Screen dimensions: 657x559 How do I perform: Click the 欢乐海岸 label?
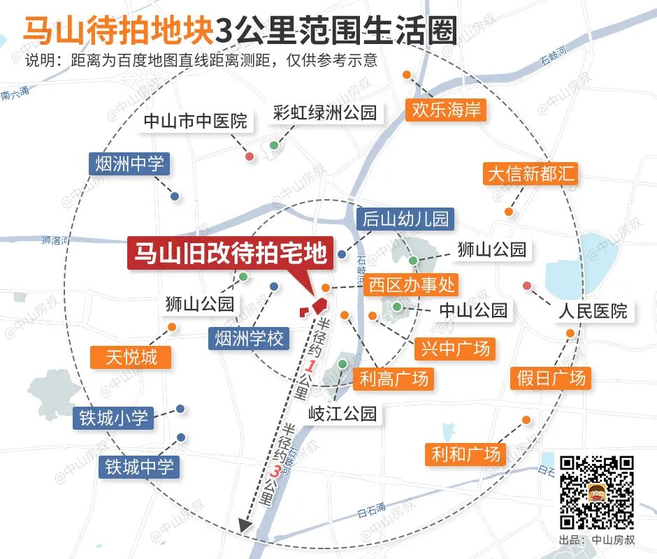point(446,110)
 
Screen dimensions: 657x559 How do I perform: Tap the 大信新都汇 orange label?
point(531,173)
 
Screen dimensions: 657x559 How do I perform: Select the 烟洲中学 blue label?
point(129,164)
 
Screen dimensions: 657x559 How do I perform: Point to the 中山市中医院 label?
point(195,121)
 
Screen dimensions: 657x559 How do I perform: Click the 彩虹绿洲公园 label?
point(325,112)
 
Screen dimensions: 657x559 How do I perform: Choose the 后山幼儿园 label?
point(405,219)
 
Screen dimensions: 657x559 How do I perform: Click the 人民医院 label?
point(592,310)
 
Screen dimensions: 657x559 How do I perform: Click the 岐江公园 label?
point(345,413)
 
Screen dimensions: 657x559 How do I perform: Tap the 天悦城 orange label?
point(131,358)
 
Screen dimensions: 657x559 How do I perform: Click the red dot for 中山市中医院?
point(250,156)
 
